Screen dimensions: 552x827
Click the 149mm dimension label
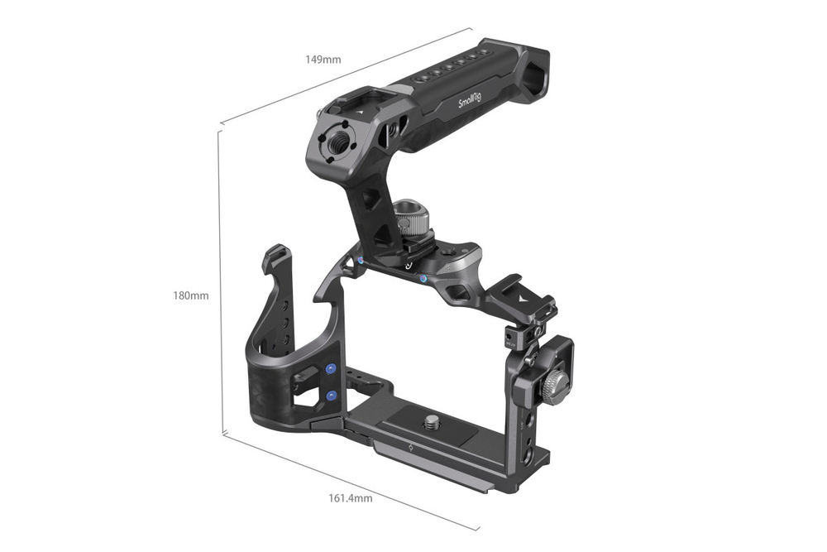coord(323,60)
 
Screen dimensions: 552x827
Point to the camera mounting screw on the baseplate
coord(431,424)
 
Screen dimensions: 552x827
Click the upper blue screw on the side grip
coord(332,369)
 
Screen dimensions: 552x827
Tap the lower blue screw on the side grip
coord(332,396)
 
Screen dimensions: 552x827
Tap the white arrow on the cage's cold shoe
coord(520,293)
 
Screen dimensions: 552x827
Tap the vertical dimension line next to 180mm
coord(220,281)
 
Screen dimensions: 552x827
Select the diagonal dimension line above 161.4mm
coord(347,481)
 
